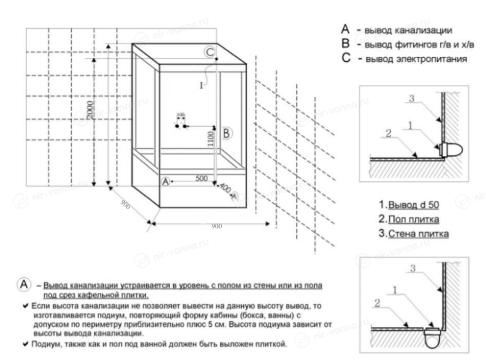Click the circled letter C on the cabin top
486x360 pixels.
click(209, 52)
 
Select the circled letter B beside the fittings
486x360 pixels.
click(227, 133)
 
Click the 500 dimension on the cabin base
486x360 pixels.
click(201, 178)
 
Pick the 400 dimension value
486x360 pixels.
click(225, 188)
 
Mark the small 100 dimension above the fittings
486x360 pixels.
click(180, 115)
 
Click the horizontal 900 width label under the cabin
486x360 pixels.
click(217, 227)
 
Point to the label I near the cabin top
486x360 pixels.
click(202, 85)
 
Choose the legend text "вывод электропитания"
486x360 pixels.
click(415, 58)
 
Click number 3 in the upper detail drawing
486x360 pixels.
click(410, 98)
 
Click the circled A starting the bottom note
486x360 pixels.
click(25, 286)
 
